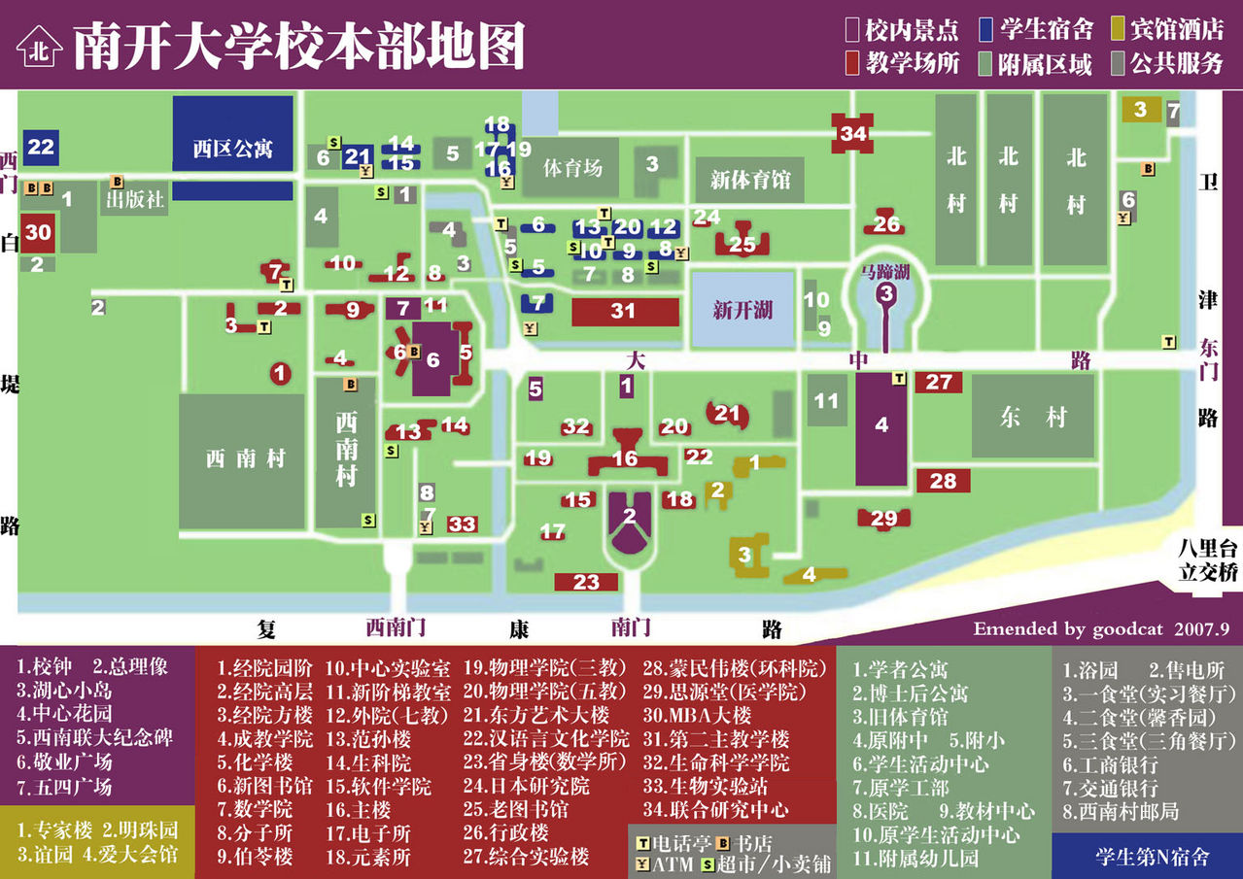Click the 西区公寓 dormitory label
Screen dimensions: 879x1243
(232, 149)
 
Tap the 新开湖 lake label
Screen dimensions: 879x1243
(742, 311)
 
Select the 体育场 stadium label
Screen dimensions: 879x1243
(572, 167)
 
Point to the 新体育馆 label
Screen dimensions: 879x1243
(750, 180)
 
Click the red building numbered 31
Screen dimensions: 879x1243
(623, 312)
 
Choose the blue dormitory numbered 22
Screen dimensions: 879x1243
(41, 147)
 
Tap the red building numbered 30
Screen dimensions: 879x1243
(38, 232)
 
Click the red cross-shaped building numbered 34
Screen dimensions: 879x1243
(853, 133)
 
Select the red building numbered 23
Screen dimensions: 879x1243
(586, 582)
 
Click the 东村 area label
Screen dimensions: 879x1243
(1032, 418)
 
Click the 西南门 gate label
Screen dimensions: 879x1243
(396, 627)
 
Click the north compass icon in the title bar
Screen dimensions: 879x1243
(39, 46)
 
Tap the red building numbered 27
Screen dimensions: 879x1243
(938, 383)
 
